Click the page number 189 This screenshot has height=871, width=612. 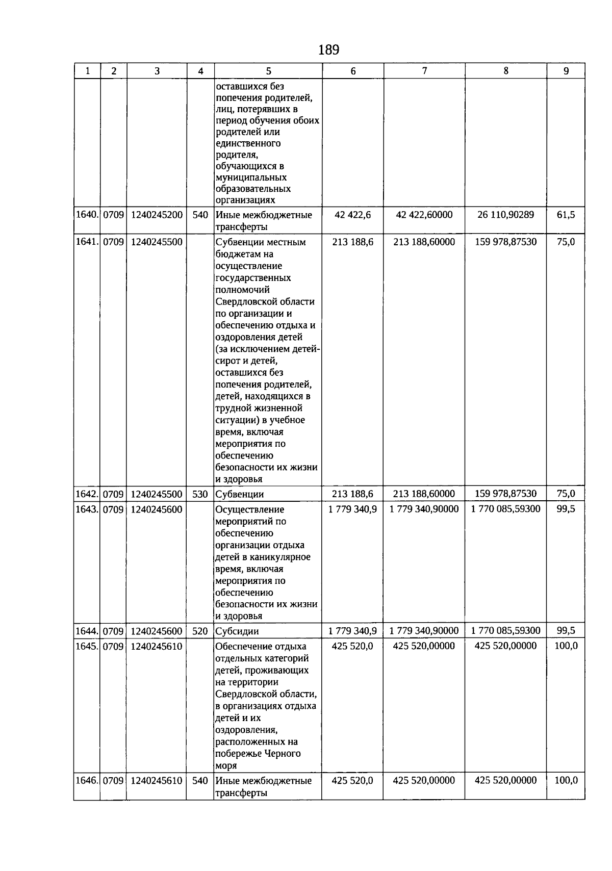click(328, 50)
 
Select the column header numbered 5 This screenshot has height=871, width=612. click(268, 71)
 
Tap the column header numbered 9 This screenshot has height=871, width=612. click(566, 71)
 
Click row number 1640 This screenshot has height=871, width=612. click(87, 215)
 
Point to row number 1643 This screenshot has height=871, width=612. click(87, 509)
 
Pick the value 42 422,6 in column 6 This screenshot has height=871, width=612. click(353, 215)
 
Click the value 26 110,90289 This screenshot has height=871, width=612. click(506, 215)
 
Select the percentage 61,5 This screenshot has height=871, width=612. click(566, 215)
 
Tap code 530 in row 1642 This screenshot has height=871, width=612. click(200, 494)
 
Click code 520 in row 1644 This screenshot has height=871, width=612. click(200, 631)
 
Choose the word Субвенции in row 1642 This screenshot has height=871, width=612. click(240, 494)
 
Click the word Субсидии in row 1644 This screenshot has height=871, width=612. click(237, 631)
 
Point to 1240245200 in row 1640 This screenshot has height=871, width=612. click(157, 215)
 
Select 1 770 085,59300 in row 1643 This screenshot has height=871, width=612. click(506, 509)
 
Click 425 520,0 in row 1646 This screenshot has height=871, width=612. click(352, 780)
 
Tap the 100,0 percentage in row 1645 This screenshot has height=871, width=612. click(566, 646)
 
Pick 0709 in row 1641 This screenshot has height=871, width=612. click(113, 242)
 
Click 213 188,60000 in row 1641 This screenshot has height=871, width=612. click(424, 242)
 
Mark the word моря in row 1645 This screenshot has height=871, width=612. click(226, 766)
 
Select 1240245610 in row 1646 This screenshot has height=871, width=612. click(157, 780)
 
